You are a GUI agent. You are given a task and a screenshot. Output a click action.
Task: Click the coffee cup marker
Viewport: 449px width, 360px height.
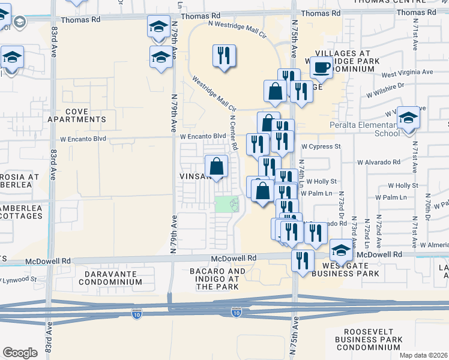click(x=321, y=67)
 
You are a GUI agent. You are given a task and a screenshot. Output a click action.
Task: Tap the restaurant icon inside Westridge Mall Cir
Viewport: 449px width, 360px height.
click(x=224, y=56)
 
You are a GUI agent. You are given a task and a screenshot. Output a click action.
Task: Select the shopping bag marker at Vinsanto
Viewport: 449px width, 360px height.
click(x=217, y=167)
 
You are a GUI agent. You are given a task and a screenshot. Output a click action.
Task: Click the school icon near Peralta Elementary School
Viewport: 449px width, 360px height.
click(x=408, y=118)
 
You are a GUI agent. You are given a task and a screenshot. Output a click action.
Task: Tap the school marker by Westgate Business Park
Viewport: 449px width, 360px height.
click(x=341, y=249)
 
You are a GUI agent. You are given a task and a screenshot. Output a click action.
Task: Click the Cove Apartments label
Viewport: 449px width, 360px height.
click(x=77, y=115)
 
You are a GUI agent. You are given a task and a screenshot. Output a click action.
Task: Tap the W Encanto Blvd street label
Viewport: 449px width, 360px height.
click(x=203, y=136)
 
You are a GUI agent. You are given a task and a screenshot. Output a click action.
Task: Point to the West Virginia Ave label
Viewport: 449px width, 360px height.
click(x=407, y=72)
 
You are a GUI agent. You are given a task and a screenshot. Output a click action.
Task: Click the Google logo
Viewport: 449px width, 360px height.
click(x=20, y=352)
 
